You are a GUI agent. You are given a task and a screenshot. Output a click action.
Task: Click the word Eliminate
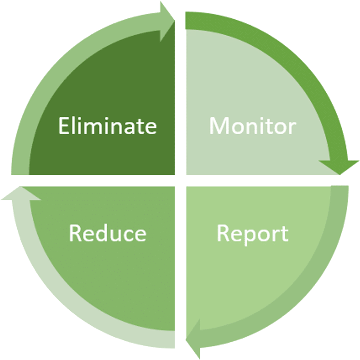pos(107,126)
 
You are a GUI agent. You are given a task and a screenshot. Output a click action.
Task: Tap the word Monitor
pos(252,126)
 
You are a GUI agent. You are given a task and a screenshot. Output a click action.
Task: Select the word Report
pos(252,234)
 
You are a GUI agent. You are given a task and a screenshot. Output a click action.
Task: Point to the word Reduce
pos(107,234)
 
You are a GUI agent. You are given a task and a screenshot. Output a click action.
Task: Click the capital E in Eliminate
pos(64,126)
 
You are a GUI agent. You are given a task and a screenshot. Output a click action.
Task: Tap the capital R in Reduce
pos(75,234)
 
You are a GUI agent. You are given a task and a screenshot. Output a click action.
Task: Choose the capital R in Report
pos(223,234)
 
